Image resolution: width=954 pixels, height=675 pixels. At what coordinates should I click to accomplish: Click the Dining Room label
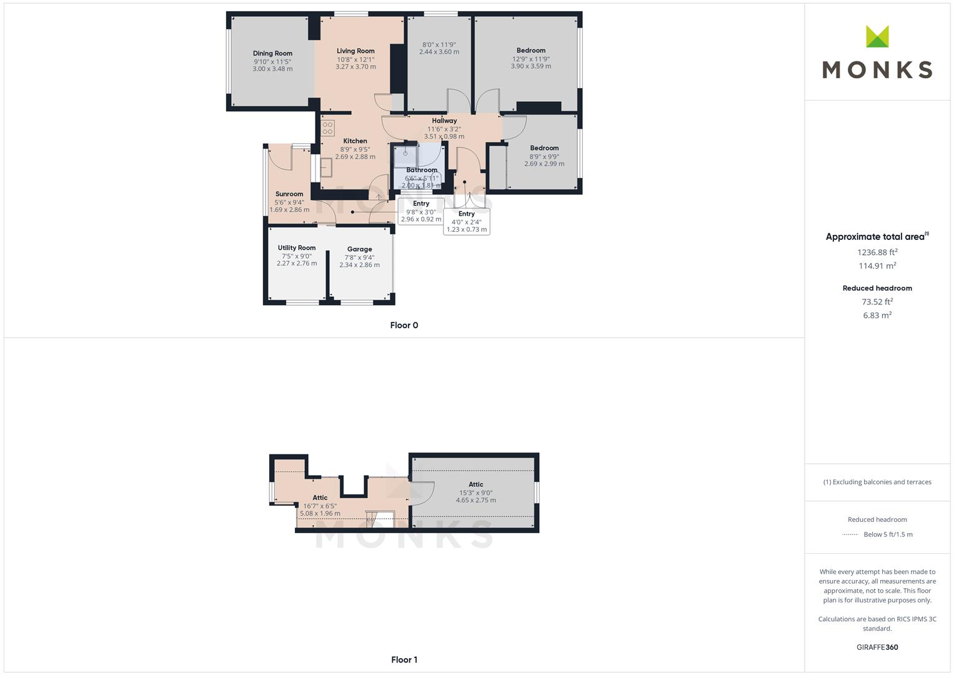[272, 54]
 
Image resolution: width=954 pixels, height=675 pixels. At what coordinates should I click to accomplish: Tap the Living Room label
[355, 51]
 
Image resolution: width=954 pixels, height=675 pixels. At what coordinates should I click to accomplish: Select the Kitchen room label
[355, 141]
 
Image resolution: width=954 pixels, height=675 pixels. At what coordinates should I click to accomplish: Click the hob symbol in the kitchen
[328, 128]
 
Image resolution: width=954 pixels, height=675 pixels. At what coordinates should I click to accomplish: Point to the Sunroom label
[289, 194]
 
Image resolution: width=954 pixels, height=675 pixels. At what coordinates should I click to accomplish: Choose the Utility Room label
[297, 248]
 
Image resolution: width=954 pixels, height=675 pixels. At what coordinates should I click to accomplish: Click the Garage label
[359, 249]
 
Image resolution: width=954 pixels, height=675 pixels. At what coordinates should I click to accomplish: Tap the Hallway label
[444, 121]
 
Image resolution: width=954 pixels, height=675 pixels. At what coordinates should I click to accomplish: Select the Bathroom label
[422, 170]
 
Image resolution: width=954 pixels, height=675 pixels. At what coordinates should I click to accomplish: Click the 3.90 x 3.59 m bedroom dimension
[531, 66]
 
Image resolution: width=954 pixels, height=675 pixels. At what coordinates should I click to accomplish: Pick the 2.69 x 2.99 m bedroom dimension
[544, 164]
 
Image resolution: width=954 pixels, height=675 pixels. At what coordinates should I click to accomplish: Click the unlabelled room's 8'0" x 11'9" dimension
[439, 45]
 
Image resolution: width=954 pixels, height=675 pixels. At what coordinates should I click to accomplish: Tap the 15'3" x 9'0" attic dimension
[476, 492]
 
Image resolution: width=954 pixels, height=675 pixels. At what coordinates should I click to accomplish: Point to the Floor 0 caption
[404, 325]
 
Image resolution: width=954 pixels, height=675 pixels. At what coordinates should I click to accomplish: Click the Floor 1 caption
[404, 659]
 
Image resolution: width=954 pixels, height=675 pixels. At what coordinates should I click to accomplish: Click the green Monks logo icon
[877, 37]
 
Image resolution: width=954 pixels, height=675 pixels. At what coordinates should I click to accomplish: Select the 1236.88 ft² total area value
[877, 252]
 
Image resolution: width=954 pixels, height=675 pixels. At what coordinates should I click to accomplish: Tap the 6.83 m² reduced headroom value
[877, 316]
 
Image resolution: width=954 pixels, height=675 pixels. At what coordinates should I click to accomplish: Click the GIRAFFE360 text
[877, 647]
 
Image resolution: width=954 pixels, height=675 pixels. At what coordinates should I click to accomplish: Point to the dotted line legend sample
[850, 535]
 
